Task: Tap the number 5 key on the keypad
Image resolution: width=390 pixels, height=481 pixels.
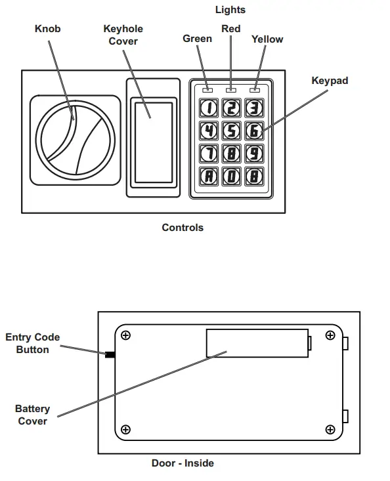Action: [x=231, y=131]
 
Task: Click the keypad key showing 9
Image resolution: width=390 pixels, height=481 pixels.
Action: [x=254, y=153]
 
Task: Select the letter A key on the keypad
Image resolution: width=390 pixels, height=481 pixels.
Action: [x=208, y=175]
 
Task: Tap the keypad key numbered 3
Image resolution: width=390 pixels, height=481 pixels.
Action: [x=254, y=108]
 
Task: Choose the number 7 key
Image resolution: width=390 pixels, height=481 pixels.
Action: [x=208, y=153]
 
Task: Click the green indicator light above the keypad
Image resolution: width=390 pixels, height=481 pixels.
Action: [x=207, y=89]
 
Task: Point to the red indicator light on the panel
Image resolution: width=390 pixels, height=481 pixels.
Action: [x=230, y=89]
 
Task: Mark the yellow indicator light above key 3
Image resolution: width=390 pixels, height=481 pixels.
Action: [x=254, y=89]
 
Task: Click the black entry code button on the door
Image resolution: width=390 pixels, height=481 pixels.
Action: [x=110, y=355]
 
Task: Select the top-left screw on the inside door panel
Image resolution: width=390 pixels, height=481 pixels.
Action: [x=126, y=335]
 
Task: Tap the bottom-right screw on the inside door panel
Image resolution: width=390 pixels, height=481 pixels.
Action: [x=330, y=430]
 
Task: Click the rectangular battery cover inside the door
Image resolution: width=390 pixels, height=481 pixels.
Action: [x=257, y=343]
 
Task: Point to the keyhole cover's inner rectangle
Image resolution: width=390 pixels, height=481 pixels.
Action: [x=152, y=141]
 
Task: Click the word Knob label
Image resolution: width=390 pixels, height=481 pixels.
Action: [x=48, y=29]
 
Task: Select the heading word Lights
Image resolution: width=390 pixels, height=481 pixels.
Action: [x=230, y=9]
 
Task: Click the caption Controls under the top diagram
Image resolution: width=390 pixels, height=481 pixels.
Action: [x=183, y=228]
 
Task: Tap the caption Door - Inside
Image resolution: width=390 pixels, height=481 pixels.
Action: [x=183, y=463]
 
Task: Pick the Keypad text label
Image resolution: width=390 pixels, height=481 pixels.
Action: [x=330, y=81]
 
